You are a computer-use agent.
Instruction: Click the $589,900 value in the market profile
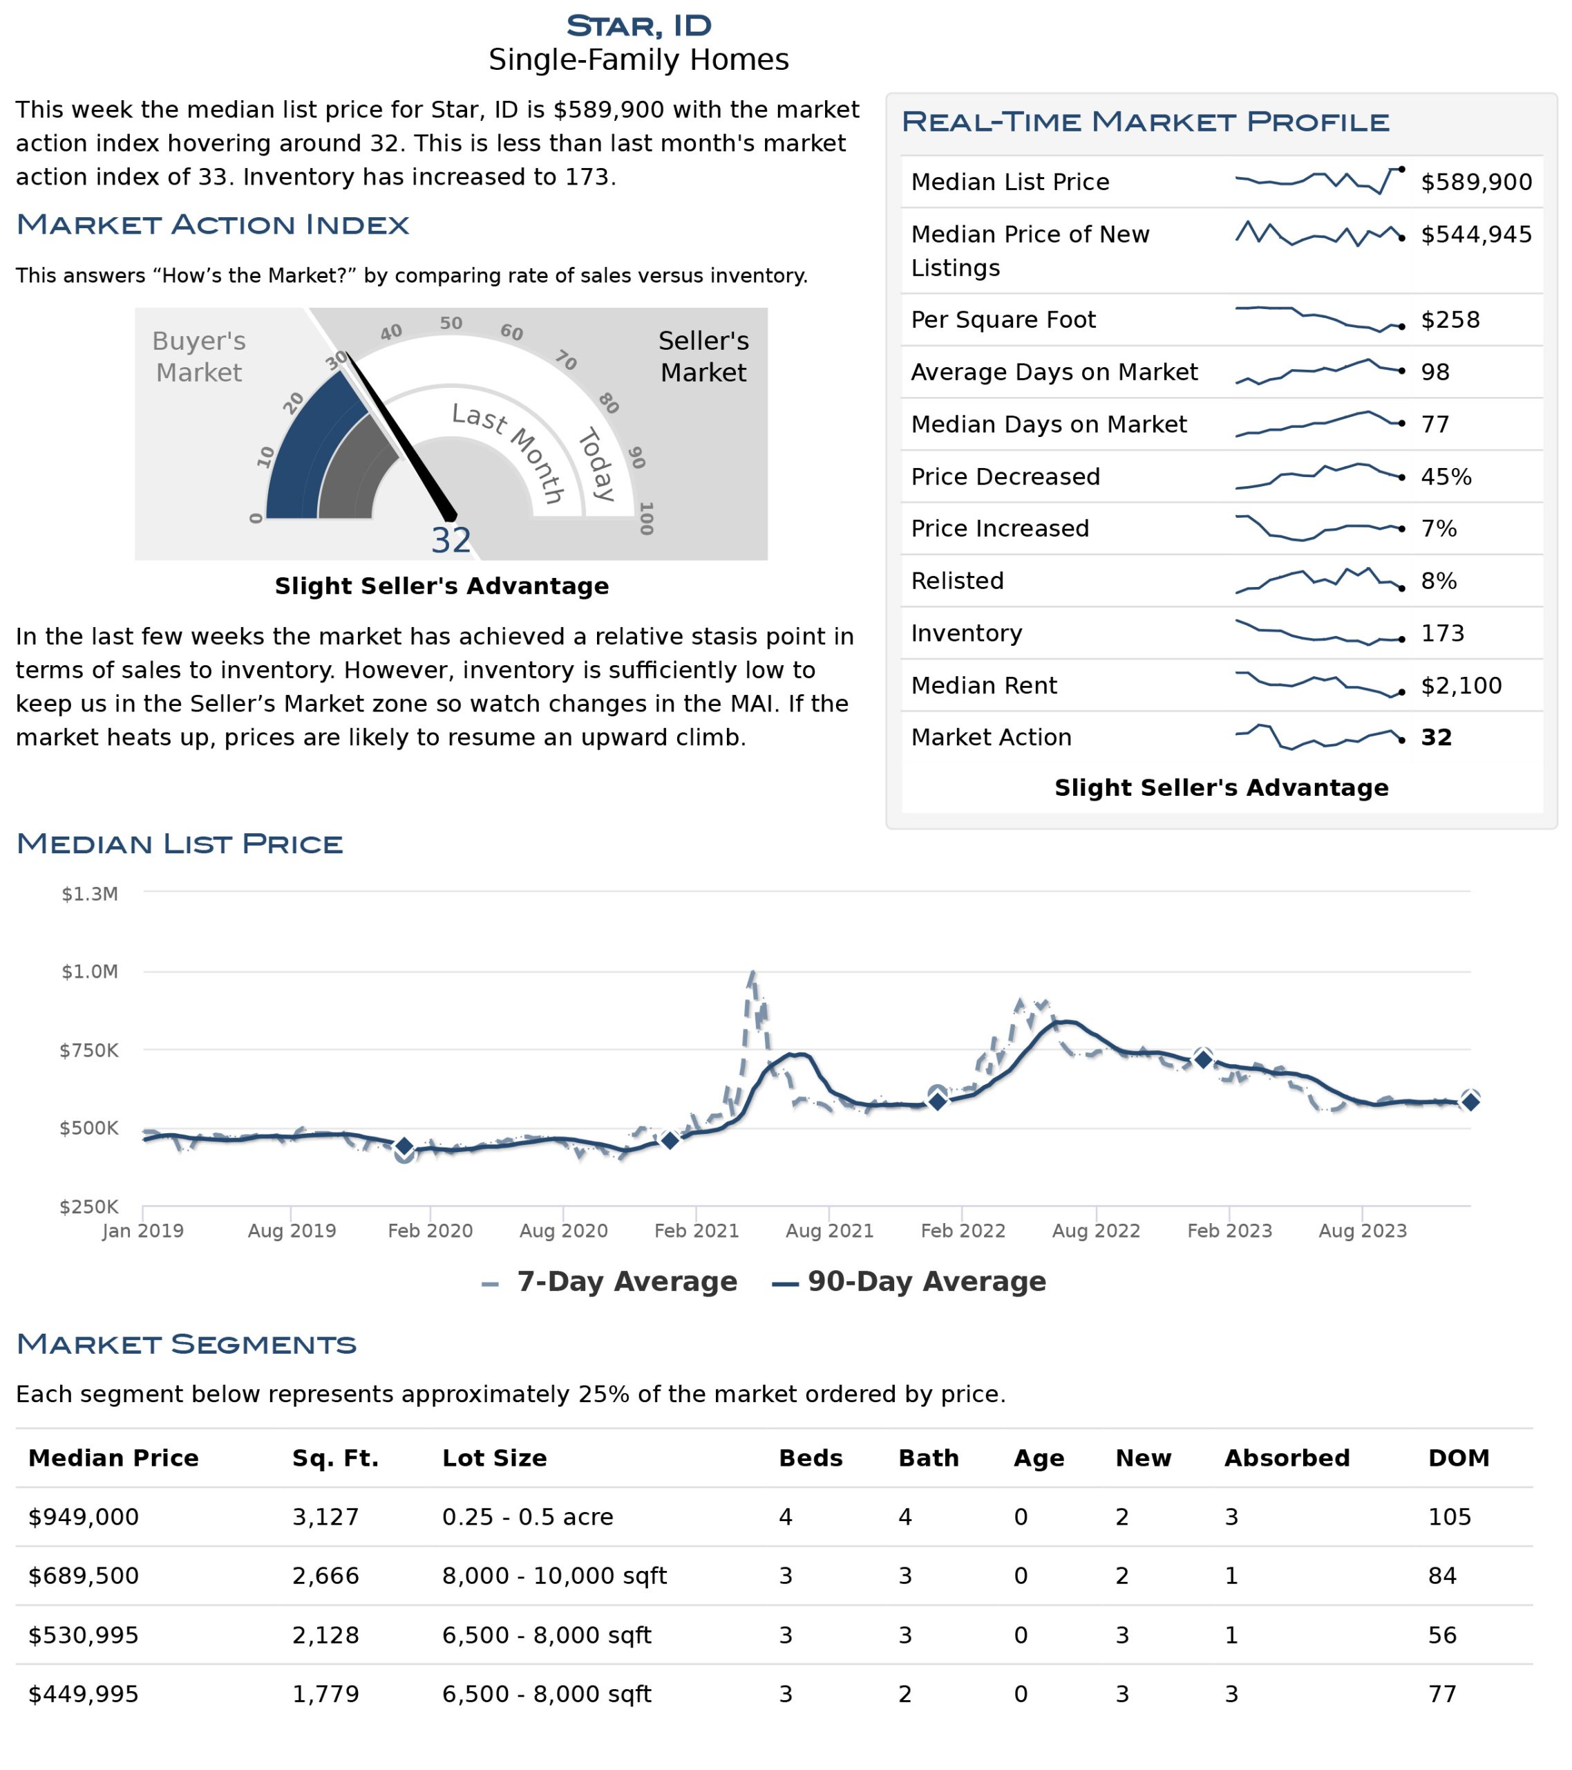tap(1476, 182)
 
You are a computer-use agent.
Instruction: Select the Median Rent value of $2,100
tap(1461, 685)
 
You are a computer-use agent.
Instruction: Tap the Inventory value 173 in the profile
tap(1442, 633)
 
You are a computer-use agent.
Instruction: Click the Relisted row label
tap(958, 581)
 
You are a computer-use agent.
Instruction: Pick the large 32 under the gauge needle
tap(451, 541)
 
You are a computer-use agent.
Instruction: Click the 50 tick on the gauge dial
tap(451, 323)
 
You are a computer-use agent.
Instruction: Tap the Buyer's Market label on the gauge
tap(199, 357)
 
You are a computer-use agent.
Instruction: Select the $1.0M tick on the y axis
tap(89, 971)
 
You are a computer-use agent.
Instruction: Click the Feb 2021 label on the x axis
tap(696, 1231)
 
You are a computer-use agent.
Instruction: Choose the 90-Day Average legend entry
tap(909, 1282)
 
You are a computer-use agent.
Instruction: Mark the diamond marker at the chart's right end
tap(1470, 1101)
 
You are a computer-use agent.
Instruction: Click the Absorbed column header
tap(1287, 1458)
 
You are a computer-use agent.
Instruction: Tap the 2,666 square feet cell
tap(325, 1576)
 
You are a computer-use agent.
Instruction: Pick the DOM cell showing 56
tap(1442, 1635)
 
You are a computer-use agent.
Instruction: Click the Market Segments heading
tap(186, 1344)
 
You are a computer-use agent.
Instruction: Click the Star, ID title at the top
tap(639, 26)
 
